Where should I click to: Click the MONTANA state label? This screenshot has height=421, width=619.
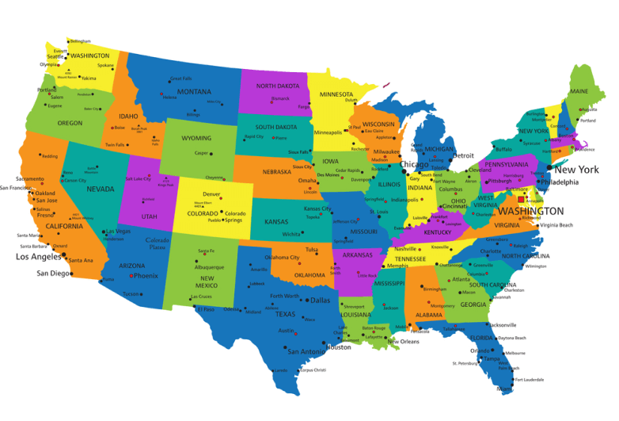point(193,91)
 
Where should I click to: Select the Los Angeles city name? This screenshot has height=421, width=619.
point(39,256)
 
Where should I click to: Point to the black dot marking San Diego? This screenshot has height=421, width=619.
point(71,274)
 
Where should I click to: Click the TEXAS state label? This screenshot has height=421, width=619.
point(285,313)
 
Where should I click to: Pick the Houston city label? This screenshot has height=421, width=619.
point(339,347)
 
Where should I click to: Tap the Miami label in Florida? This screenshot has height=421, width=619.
point(504,388)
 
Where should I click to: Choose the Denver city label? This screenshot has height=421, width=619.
point(211,194)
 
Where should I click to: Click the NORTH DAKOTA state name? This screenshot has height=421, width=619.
point(277,86)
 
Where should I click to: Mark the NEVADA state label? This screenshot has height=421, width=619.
point(100,189)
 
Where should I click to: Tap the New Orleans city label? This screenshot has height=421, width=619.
point(404,342)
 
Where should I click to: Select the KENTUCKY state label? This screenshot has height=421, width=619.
point(438,232)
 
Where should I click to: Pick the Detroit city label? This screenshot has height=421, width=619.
point(462,155)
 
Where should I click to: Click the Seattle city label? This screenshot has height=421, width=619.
point(55,57)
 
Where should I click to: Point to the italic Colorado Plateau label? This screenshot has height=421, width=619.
point(157,243)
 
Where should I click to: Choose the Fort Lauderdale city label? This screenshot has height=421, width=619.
point(530,379)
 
